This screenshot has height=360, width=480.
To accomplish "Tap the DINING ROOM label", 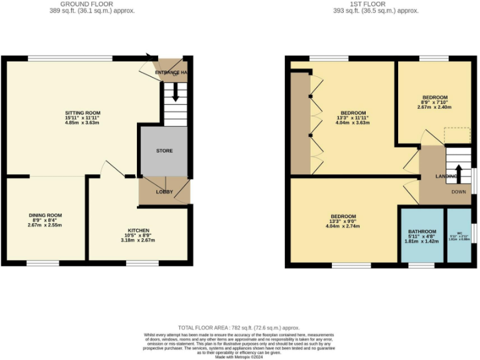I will [x=45, y=215].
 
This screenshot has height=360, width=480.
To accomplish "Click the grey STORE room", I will [x=164, y=151].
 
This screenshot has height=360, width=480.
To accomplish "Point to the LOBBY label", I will [x=164, y=192].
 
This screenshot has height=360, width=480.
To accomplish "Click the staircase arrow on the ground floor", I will [x=176, y=93].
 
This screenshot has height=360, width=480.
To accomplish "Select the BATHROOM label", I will [x=422, y=231].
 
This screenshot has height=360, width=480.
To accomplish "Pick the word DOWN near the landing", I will [x=459, y=192].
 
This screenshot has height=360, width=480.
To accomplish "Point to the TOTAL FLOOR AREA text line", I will [x=239, y=327].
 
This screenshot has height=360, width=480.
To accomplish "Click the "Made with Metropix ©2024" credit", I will [x=239, y=356].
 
